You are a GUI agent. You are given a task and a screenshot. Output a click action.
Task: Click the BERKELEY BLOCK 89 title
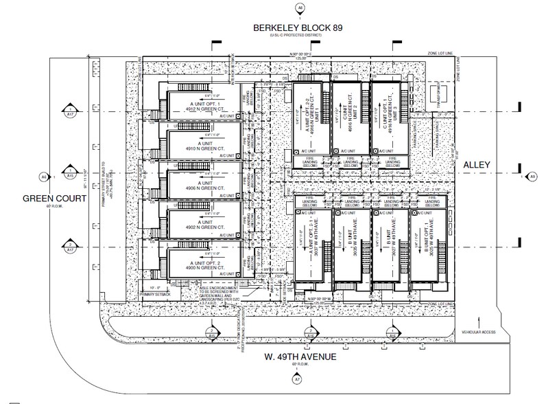[296, 27]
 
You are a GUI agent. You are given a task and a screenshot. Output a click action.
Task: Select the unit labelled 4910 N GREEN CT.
[198, 146]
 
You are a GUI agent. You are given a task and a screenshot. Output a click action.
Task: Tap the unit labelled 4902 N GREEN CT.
[198, 223]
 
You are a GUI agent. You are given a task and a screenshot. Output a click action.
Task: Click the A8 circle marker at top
[298, 9]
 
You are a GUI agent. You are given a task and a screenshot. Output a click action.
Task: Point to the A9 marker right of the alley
[531, 177]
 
